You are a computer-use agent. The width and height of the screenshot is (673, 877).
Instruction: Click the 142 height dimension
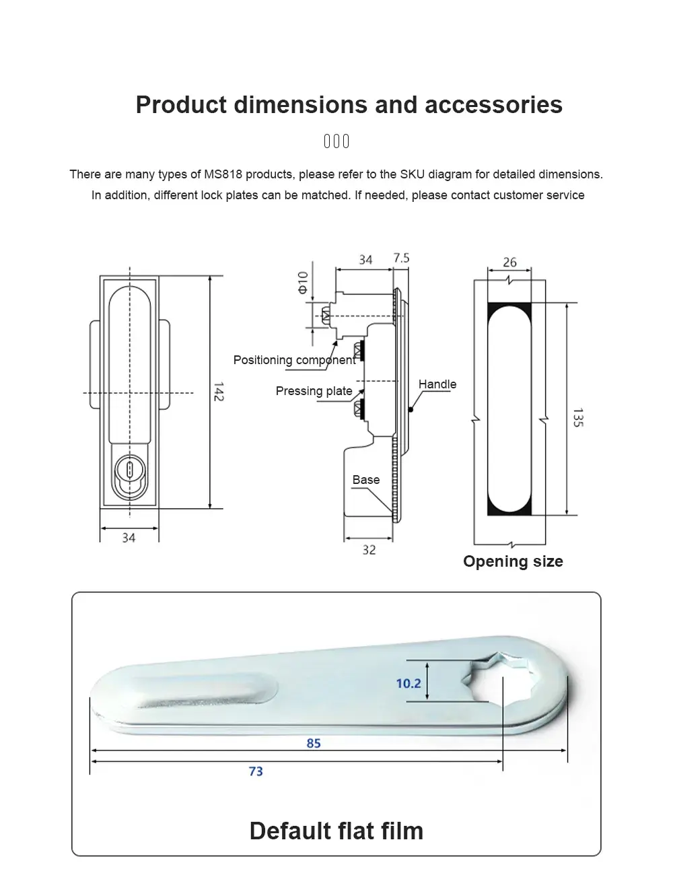[218, 392]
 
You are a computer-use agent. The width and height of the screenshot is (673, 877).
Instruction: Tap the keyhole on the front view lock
[129, 468]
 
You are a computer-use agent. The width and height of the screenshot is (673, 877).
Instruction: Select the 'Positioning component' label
[294, 360]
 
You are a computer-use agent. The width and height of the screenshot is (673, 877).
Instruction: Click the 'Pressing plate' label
[314, 391]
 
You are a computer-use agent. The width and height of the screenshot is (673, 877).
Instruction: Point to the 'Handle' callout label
[437, 384]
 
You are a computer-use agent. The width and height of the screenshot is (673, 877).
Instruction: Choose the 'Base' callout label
[365, 480]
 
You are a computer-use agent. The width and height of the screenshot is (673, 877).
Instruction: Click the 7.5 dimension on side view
[401, 258]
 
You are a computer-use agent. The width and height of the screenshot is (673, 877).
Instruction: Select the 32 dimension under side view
[369, 550]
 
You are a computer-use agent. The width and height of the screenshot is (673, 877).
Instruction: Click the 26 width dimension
[509, 262]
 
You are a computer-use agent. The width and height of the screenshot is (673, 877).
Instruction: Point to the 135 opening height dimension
[578, 417]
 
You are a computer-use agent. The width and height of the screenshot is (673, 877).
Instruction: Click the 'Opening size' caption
[513, 561]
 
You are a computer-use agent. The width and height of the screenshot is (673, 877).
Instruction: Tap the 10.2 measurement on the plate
[408, 683]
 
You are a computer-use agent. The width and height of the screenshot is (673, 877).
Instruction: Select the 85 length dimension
[314, 744]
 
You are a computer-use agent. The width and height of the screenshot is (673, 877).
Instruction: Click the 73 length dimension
[256, 771]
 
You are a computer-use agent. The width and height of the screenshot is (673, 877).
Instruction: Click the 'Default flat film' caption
[336, 831]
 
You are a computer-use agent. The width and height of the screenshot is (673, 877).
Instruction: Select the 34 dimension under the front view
[129, 538]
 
